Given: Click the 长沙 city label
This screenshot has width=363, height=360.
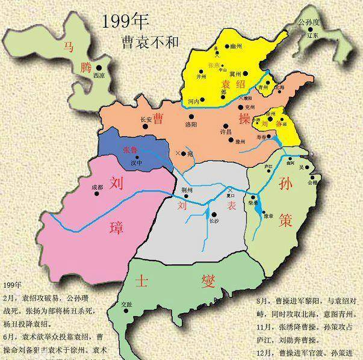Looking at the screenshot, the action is point(215,220).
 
